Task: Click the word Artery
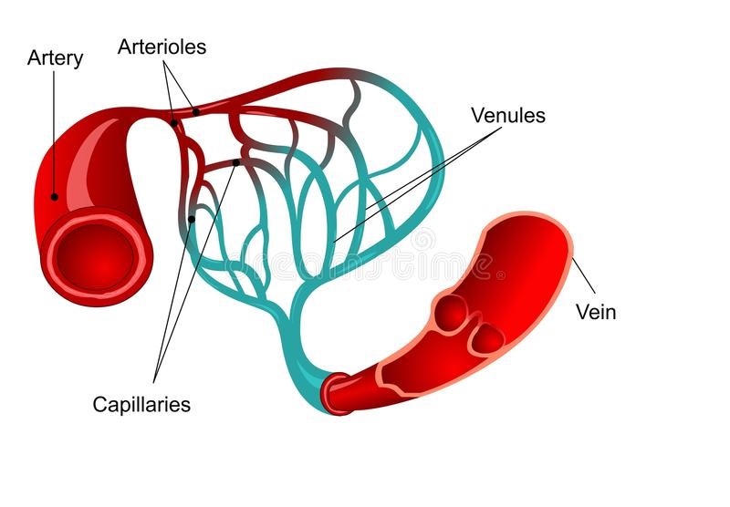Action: tap(55, 58)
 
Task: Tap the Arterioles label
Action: tap(162, 47)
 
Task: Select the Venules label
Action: tap(508, 115)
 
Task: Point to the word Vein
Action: tap(596, 312)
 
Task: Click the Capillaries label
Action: tap(141, 404)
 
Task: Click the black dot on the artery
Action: tap(55, 197)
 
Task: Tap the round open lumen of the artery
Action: tap(95, 257)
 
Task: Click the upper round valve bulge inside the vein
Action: tap(452, 311)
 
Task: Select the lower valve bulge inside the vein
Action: tap(488, 338)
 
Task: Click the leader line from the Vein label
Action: tap(583, 275)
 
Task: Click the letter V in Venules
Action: tap(477, 115)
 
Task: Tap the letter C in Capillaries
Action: tap(100, 404)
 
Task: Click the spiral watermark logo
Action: tap(424, 239)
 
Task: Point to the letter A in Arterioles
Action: tap(125, 47)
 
